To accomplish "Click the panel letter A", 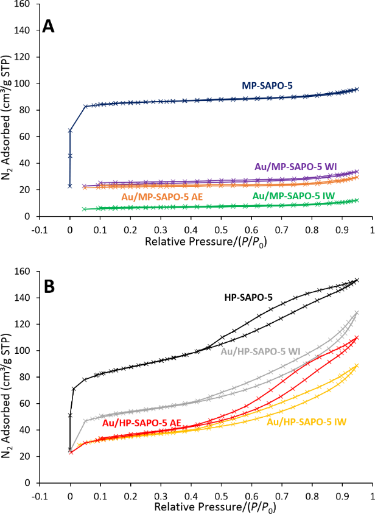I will (49, 26).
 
